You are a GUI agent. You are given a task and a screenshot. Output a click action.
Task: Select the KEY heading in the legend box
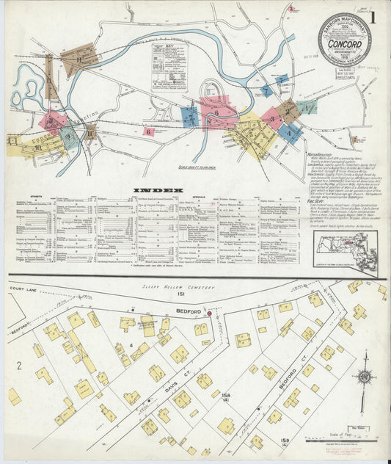tap(169, 48)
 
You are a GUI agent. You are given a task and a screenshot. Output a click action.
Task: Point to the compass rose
tap(363, 380)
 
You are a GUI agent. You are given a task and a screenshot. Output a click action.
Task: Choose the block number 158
tap(226, 397)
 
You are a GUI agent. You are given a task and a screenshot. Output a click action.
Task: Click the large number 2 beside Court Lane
tap(12, 365)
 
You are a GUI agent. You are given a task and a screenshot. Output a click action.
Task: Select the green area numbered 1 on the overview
tap(307, 107)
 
